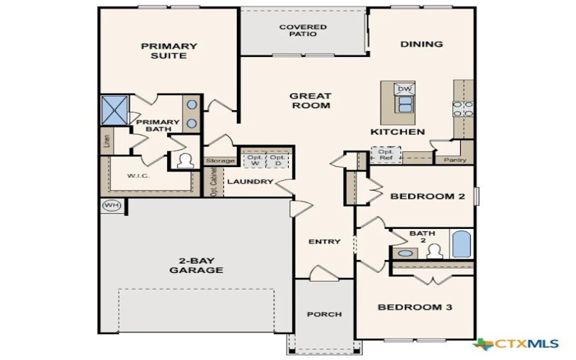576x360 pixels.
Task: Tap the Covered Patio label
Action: pyautogui.click(x=302, y=30)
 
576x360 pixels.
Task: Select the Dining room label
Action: pyautogui.click(x=421, y=44)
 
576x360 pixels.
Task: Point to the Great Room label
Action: pyautogui.click(x=310, y=101)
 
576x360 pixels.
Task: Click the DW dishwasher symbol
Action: pyautogui.click(x=405, y=89)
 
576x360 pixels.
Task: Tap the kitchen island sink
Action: pyautogui.click(x=405, y=105)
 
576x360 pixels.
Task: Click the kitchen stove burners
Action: pyautogui.click(x=462, y=108)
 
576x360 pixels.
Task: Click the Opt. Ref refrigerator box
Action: pyautogui.click(x=386, y=154)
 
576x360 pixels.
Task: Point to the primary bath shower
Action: pyautogui.click(x=114, y=109)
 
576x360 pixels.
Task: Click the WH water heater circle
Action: pyautogui.click(x=110, y=204)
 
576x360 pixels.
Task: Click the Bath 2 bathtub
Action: pyautogui.click(x=461, y=243)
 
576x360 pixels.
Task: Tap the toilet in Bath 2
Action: pyautogui.click(x=433, y=251)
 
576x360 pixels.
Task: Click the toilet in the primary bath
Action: pyautogui.click(x=185, y=160)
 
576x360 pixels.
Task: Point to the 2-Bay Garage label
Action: pyautogui.click(x=196, y=265)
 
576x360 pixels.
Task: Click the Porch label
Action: pyautogui.click(x=324, y=314)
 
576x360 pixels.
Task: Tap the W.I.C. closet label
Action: pyautogui.click(x=138, y=175)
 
